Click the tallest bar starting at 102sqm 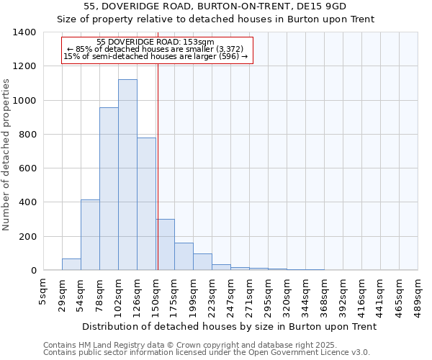click(x=127, y=175)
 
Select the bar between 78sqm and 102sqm click(x=109, y=189)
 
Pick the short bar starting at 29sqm click(x=71, y=264)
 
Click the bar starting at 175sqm click(x=184, y=256)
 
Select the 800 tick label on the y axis click(x=27, y=135)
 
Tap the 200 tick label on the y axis click(x=27, y=237)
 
